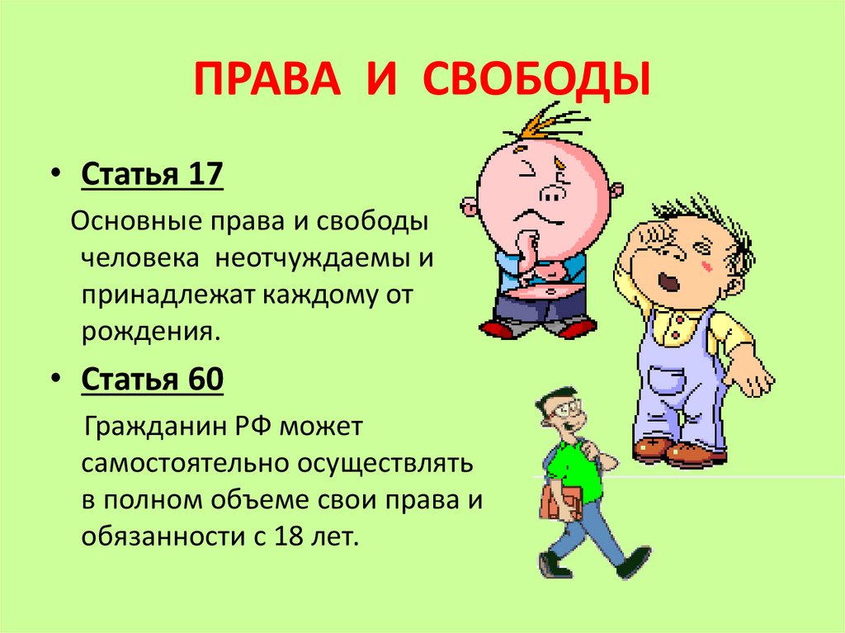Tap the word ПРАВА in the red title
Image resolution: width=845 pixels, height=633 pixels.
pos(267,79)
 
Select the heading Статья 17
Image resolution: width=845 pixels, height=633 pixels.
pos(152,173)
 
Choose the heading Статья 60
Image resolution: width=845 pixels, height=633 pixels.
pos(152,379)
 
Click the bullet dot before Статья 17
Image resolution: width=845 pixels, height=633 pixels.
pos(57,173)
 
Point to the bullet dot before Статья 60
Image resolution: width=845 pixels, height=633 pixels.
pos(57,378)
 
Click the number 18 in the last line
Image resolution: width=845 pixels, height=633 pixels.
pos(290,536)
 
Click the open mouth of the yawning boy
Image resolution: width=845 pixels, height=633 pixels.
pos(667,281)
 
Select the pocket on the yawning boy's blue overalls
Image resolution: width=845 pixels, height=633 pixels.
pos(667,380)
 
